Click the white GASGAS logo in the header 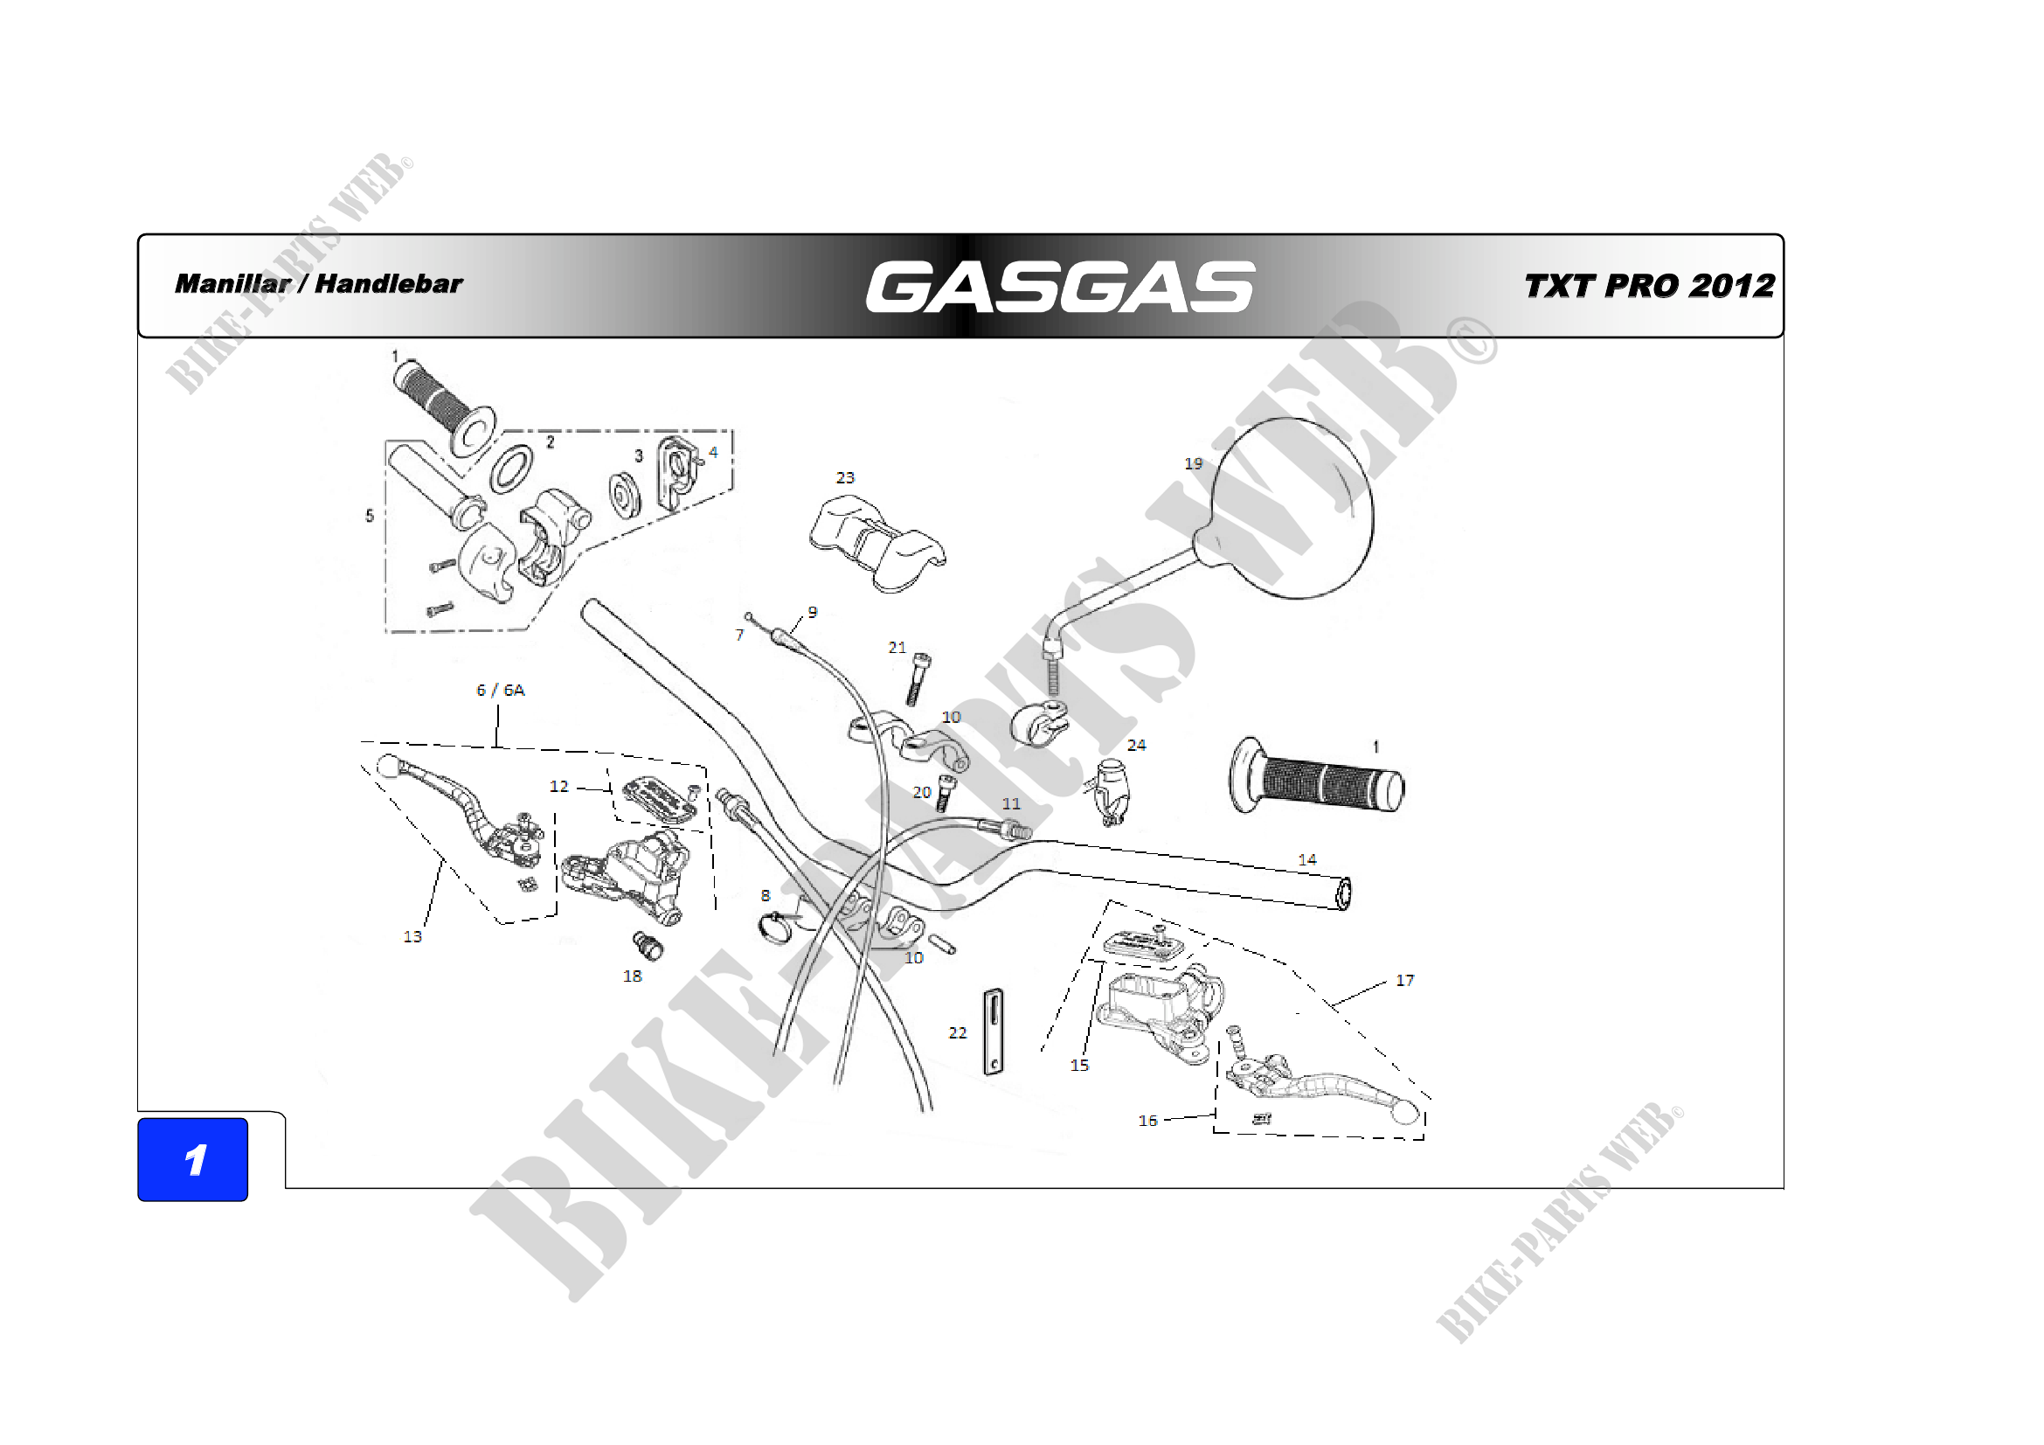tap(1060, 287)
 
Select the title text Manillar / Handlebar tap(319, 284)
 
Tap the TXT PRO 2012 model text tap(1650, 286)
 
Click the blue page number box tap(192, 1159)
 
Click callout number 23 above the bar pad tap(845, 478)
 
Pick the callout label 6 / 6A tap(501, 690)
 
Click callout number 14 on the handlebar tap(1306, 860)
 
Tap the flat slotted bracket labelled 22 tap(994, 1032)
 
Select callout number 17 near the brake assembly tap(1405, 980)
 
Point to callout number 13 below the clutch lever tap(412, 936)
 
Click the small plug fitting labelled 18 tap(648, 946)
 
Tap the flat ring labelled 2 tap(512, 469)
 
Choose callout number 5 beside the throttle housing tap(370, 516)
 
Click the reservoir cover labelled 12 tap(661, 799)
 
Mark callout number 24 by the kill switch tap(1137, 745)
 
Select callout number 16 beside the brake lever tap(1147, 1121)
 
